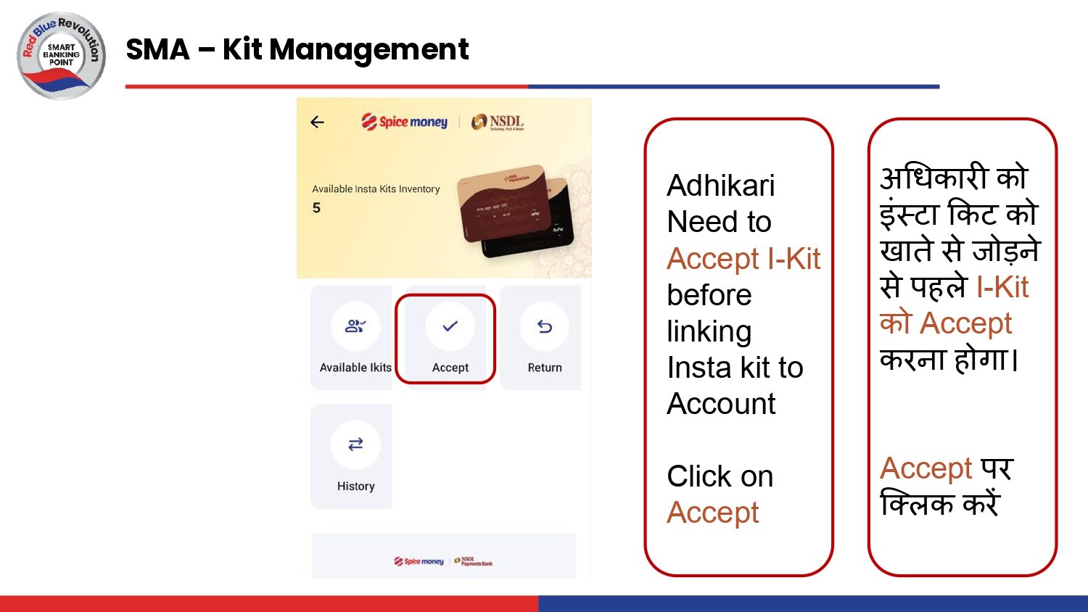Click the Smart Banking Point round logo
tap(61, 55)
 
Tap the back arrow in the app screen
tap(317, 122)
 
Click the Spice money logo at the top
tap(405, 122)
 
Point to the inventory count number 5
tap(316, 208)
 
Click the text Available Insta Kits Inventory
tap(376, 189)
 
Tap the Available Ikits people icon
tap(355, 326)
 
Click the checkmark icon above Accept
tap(450, 326)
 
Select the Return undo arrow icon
tap(545, 327)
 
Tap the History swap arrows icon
tap(355, 444)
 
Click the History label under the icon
tap(355, 486)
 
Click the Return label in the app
tap(545, 368)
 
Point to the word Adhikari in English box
tap(720, 186)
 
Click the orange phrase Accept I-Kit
tap(743, 259)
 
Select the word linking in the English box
tap(709, 331)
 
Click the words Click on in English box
tap(720, 476)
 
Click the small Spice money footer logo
tap(419, 561)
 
